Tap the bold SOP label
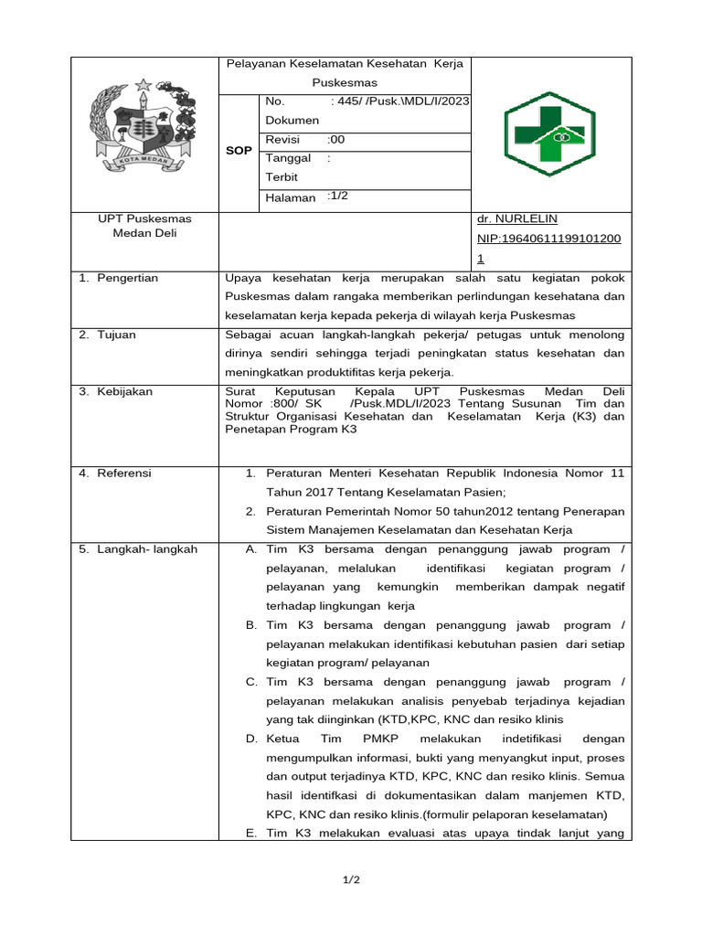coord(239,150)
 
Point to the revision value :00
coord(335,140)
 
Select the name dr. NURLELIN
coord(517,219)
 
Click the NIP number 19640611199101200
coord(549,239)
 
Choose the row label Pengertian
coord(129,277)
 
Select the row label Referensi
coord(126,473)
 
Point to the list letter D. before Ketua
coord(251,738)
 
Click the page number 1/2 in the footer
coord(351,879)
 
